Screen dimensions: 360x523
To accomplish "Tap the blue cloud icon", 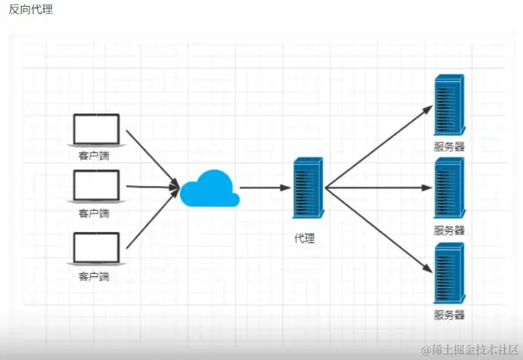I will click(208, 188).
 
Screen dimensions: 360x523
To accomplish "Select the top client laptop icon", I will click(96, 131).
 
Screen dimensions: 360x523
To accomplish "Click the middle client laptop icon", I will click(96, 187).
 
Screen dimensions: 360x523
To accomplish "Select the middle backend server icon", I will click(449, 188).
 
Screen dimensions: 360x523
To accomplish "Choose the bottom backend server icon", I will click(449, 274).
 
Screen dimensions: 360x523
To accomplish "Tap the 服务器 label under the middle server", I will click(449, 229).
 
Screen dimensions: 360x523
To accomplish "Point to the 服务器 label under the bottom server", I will click(449, 315).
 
